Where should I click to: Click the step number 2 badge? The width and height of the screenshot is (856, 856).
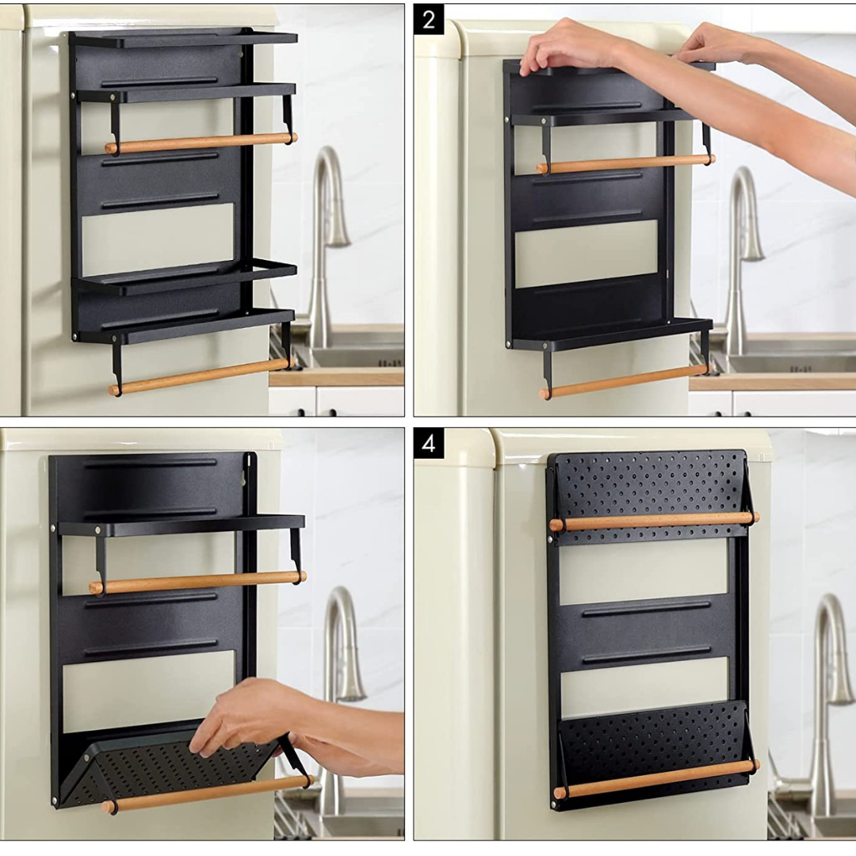[428, 20]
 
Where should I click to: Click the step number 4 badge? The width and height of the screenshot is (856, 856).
[428, 443]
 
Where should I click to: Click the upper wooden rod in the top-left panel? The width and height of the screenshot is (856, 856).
[201, 143]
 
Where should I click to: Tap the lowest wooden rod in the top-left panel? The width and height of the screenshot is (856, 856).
[201, 376]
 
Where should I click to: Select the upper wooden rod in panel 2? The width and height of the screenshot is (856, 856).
[625, 164]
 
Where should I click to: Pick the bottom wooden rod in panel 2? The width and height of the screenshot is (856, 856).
[625, 382]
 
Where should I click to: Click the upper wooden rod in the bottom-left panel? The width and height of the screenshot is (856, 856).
[198, 583]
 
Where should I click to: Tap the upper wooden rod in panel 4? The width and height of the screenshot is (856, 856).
[655, 522]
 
